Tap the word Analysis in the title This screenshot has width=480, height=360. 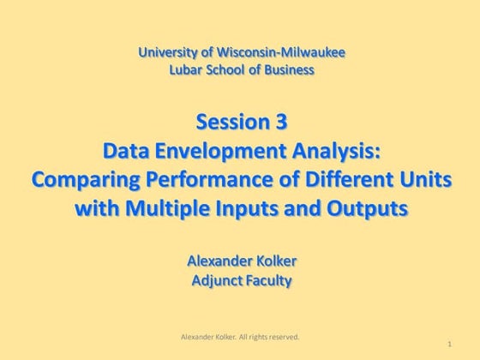339,151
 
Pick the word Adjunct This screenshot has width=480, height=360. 217,279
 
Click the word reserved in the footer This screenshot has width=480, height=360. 282,337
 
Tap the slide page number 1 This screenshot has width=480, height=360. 449,344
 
